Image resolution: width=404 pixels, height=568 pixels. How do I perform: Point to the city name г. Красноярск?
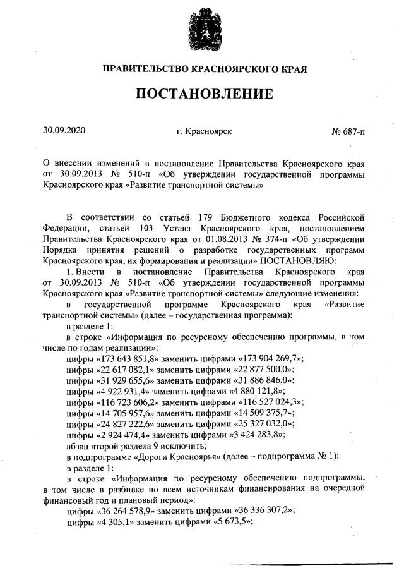(205, 131)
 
